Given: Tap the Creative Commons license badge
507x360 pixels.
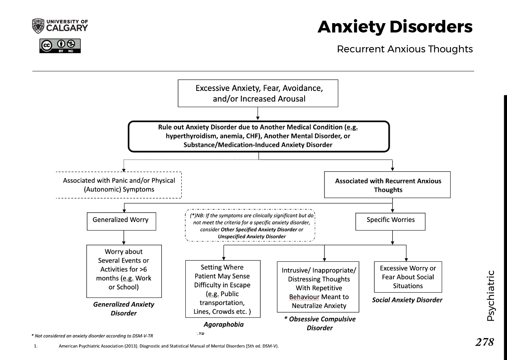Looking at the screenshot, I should coord(60,45).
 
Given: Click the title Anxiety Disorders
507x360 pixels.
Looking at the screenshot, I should coord(395,27).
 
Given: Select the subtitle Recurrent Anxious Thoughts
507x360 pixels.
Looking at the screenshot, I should coord(404,49).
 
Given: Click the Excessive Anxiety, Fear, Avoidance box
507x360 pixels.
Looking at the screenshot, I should coord(258,93).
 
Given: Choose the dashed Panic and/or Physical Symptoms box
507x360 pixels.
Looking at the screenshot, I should coord(118,185).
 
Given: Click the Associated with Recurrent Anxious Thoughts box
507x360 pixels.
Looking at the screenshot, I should coord(387,185).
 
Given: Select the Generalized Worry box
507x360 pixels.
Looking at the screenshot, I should coord(120,220).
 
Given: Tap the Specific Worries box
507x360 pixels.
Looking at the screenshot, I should coord(390,220).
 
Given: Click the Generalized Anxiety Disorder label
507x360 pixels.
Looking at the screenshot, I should coord(124,308).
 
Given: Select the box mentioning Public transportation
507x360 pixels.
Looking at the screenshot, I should coord(222,289).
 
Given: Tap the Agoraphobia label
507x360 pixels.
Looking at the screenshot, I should coord(223,324).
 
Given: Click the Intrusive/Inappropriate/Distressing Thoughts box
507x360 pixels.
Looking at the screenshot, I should coord(319,287).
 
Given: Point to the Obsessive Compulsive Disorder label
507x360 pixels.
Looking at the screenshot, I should coord(320,323).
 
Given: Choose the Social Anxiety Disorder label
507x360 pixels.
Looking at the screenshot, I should coord(407,300).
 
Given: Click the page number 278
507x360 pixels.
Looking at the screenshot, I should coord(484,342).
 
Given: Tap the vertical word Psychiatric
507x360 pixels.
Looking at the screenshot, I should coord(490,296).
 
